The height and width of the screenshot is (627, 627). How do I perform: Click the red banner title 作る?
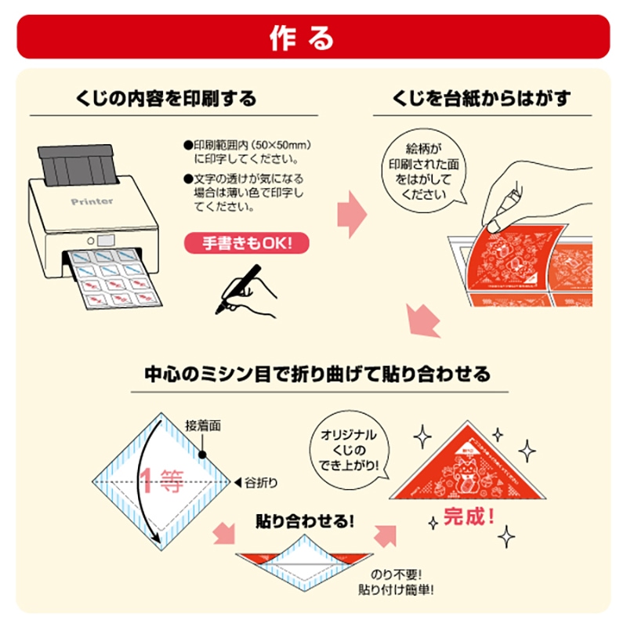(313, 37)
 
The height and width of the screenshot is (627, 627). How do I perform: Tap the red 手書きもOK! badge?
(246, 243)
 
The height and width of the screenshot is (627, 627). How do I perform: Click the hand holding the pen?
(251, 292)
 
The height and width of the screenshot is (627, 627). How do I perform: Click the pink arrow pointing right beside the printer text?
(352, 212)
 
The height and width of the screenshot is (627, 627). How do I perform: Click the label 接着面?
(202, 426)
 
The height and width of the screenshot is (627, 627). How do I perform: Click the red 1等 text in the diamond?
(161, 480)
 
